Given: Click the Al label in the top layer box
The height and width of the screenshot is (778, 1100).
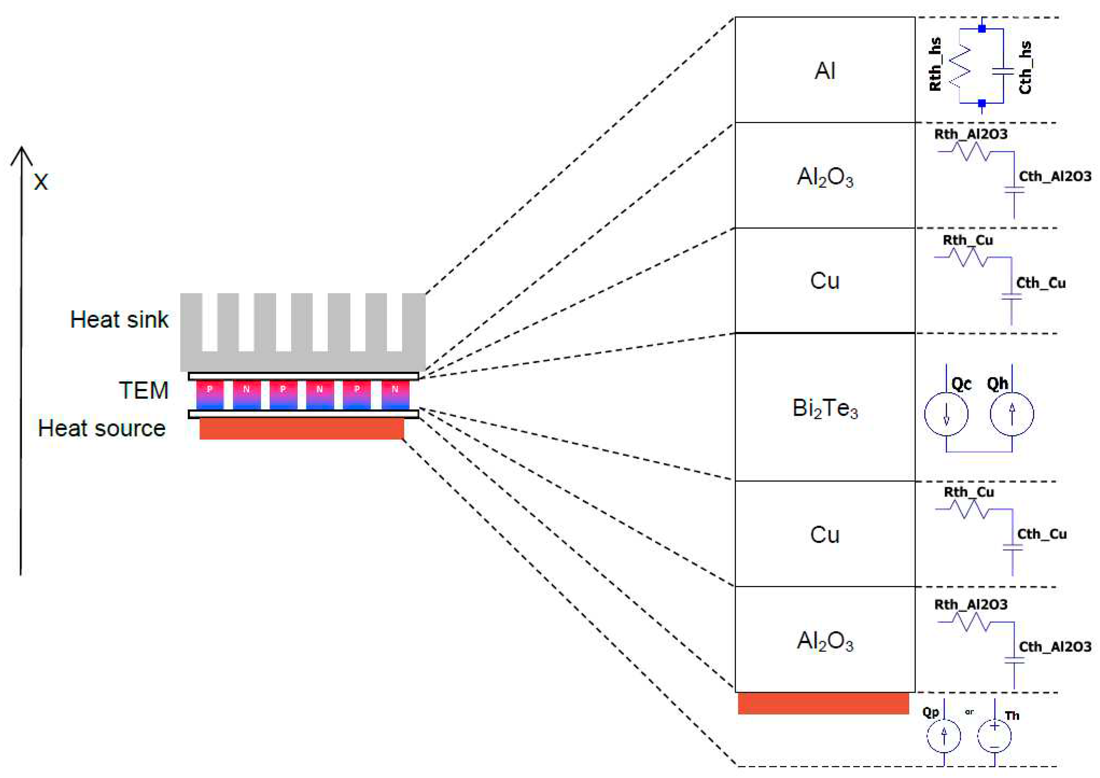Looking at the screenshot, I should click(825, 71).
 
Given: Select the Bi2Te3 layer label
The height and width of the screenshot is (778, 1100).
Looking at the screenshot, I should click(825, 409).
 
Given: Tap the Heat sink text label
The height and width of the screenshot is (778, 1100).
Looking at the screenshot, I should click(119, 320).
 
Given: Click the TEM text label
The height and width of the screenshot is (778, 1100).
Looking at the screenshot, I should click(144, 391).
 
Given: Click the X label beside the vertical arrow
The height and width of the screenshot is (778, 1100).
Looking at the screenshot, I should click(41, 182).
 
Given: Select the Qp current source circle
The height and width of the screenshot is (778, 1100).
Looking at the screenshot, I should click(944, 735).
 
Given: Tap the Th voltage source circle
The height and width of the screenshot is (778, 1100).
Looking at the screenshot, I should click(995, 735).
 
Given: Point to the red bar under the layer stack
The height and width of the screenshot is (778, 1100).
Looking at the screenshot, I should click(823, 703).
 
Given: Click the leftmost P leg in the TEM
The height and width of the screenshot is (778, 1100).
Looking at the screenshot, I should click(209, 394).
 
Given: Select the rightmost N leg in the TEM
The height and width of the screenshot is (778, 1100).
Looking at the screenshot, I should click(395, 394).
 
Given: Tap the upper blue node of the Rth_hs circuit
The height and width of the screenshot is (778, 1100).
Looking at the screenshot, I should click(982, 29).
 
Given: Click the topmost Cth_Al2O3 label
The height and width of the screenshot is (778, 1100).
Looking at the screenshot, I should click(1055, 176).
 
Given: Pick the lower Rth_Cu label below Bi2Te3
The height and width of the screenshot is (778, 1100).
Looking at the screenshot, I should click(969, 492).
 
